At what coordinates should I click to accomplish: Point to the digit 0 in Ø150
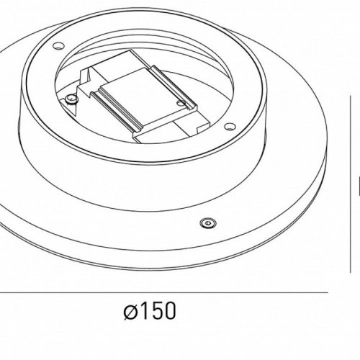[x=170, y=313]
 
